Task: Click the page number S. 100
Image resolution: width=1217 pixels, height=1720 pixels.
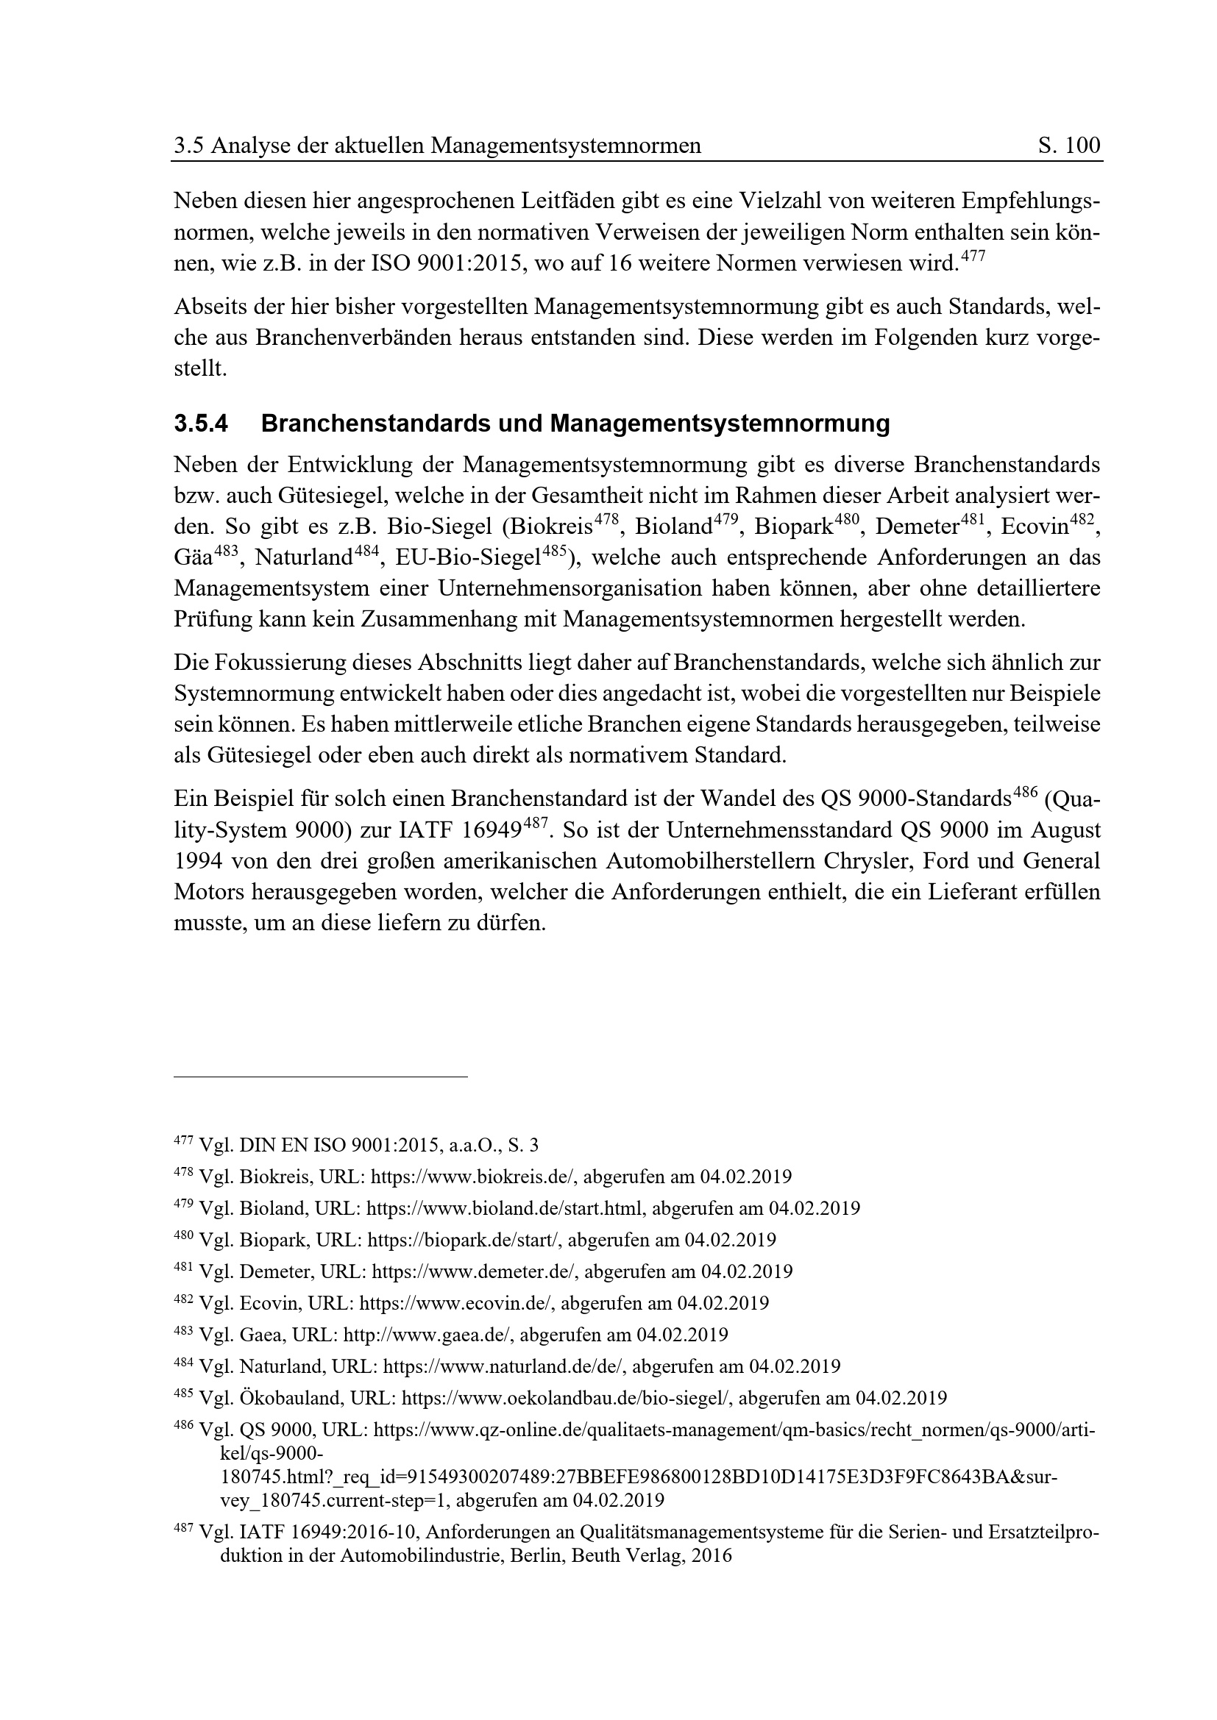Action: (1068, 146)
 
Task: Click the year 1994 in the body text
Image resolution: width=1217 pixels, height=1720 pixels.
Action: (196, 861)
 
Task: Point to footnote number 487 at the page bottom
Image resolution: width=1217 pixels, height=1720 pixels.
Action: (184, 1529)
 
